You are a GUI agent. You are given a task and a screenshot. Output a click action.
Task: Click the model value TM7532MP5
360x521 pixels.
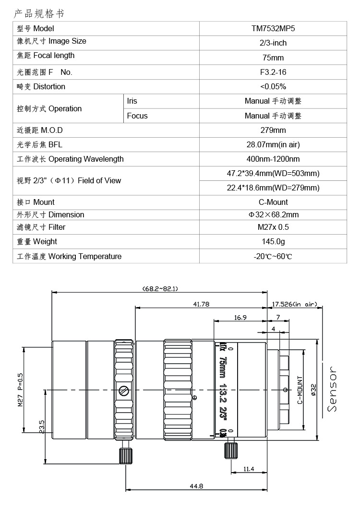click(x=273, y=28)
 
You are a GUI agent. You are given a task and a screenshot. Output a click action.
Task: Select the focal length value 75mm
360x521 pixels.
click(x=273, y=58)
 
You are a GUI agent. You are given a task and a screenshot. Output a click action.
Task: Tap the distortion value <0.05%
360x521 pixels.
click(x=273, y=87)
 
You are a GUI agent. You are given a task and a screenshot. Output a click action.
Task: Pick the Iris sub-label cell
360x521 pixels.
click(x=132, y=101)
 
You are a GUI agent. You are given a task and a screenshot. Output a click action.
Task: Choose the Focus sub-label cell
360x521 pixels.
click(x=137, y=116)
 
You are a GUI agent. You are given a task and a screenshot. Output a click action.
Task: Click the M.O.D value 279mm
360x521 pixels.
click(x=273, y=130)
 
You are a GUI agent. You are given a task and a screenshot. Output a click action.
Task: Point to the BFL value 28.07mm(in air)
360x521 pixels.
click(x=273, y=145)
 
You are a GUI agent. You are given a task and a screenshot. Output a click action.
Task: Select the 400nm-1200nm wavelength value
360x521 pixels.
click(x=273, y=159)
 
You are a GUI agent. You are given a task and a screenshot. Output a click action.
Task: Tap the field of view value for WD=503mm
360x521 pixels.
click(x=273, y=173)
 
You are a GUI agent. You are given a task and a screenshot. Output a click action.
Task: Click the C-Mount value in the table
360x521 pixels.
click(x=273, y=202)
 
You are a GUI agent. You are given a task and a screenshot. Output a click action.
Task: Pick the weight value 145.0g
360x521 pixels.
click(x=273, y=242)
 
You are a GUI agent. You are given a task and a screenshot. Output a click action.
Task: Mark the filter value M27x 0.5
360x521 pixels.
click(x=273, y=227)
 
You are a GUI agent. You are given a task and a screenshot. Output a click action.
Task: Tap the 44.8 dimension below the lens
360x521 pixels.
click(x=196, y=486)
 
